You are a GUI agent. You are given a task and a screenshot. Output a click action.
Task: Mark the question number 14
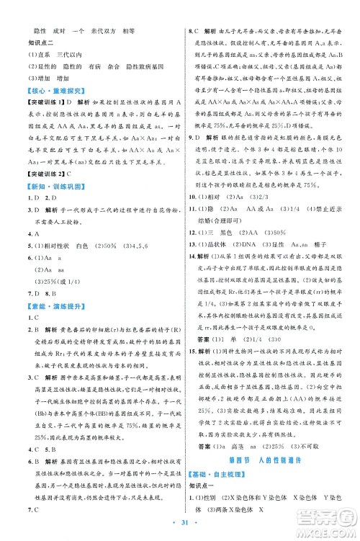191,257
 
